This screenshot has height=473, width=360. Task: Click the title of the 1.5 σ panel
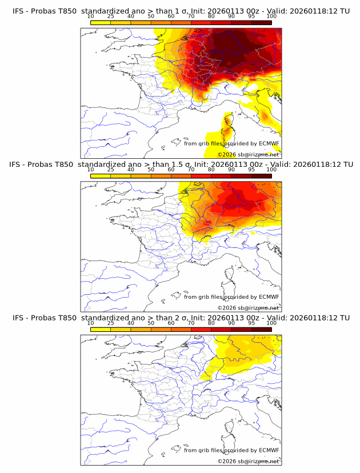(181, 165)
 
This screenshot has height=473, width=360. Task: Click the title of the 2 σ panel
(181, 318)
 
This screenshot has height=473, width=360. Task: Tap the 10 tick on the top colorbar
(90, 17)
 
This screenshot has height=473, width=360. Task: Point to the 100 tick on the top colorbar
(271, 17)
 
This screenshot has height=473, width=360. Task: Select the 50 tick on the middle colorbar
(151, 170)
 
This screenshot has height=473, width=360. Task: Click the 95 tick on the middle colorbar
(251, 170)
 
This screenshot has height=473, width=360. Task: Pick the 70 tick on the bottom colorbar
(191, 323)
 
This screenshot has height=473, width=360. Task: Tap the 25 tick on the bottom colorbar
(110, 323)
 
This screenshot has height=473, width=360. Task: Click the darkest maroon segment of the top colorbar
(261, 23)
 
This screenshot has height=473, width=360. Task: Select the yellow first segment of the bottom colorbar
(100, 330)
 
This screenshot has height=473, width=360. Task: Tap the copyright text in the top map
(249, 154)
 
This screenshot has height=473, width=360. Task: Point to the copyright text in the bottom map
(249, 460)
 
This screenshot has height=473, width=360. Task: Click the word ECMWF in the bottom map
(269, 450)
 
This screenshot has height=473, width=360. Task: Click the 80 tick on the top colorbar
(211, 17)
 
